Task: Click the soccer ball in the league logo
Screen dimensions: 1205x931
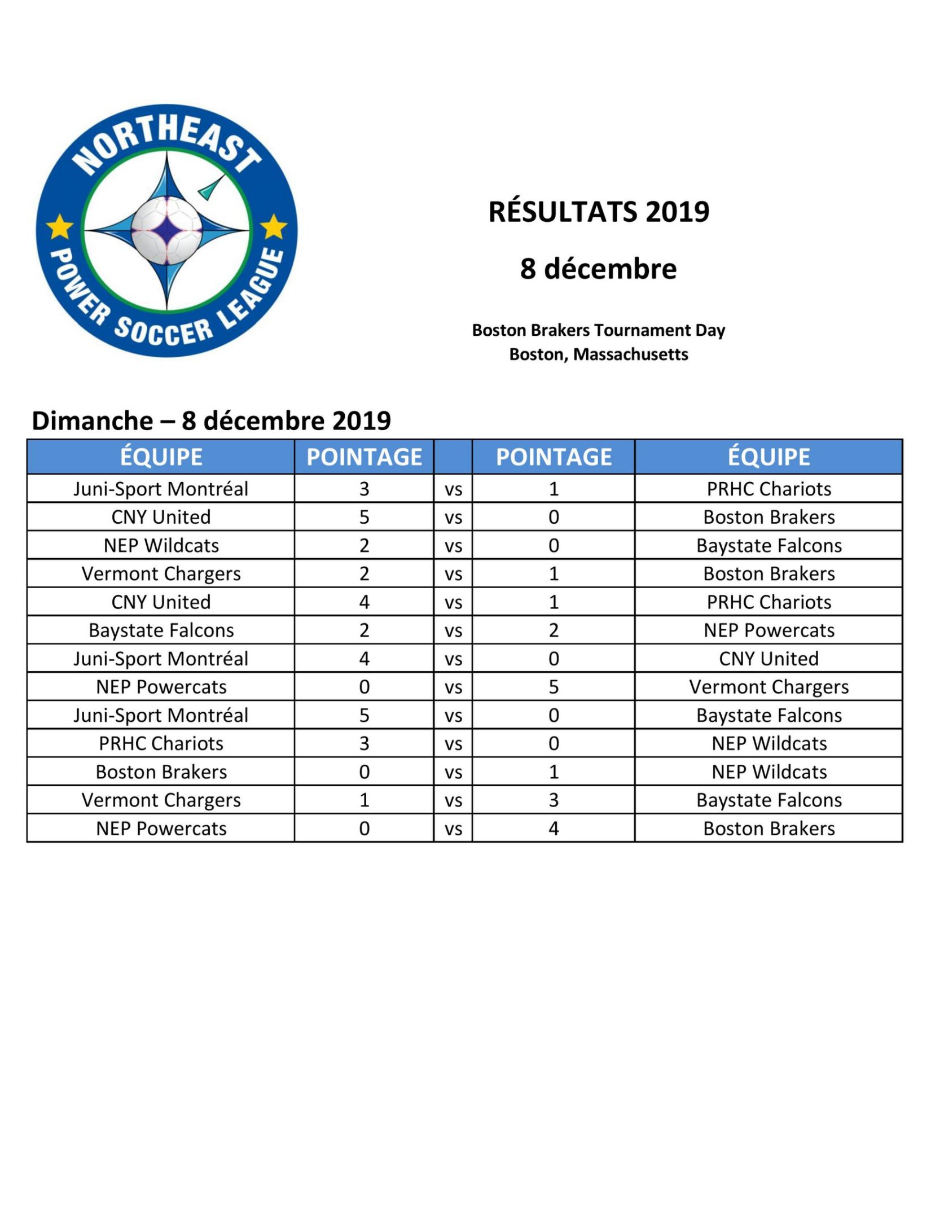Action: click(x=167, y=230)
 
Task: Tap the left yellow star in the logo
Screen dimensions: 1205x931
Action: click(x=59, y=227)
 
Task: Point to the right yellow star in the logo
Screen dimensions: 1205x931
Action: click(x=274, y=226)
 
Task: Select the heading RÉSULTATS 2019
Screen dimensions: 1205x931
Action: click(x=599, y=212)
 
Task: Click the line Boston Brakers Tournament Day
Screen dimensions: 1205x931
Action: click(x=599, y=330)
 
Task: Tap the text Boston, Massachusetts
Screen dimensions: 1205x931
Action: click(x=599, y=354)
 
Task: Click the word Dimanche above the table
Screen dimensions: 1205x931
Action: click(x=93, y=421)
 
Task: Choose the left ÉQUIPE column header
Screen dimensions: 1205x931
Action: click(x=161, y=457)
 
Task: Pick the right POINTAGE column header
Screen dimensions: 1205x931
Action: click(x=554, y=457)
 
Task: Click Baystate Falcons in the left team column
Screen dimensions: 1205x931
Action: click(x=161, y=630)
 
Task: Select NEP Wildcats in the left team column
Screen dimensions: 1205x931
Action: click(x=161, y=546)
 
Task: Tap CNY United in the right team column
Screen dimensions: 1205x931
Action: click(x=768, y=659)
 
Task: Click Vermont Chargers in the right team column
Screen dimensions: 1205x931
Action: click(x=768, y=687)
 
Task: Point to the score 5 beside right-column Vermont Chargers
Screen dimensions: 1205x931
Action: click(x=554, y=687)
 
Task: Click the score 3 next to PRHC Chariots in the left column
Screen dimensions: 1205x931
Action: click(x=364, y=743)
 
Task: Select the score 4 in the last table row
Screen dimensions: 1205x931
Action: click(x=554, y=829)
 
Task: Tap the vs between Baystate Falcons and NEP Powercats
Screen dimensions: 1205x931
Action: click(x=453, y=631)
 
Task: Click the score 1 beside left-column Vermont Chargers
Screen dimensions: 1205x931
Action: click(x=364, y=800)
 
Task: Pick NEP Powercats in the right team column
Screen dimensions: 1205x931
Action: click(x=768, y=630)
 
